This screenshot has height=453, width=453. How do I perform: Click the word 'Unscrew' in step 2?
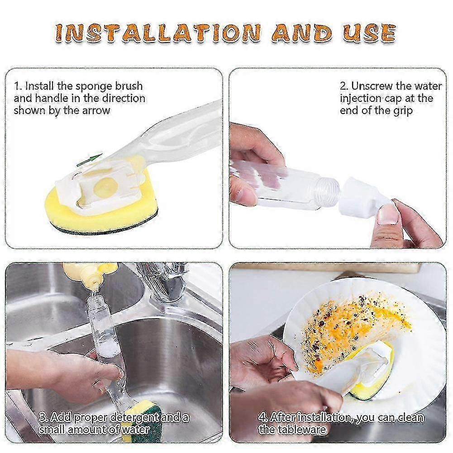coord(371,86)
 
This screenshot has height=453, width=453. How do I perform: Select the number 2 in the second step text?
coord(343,86)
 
